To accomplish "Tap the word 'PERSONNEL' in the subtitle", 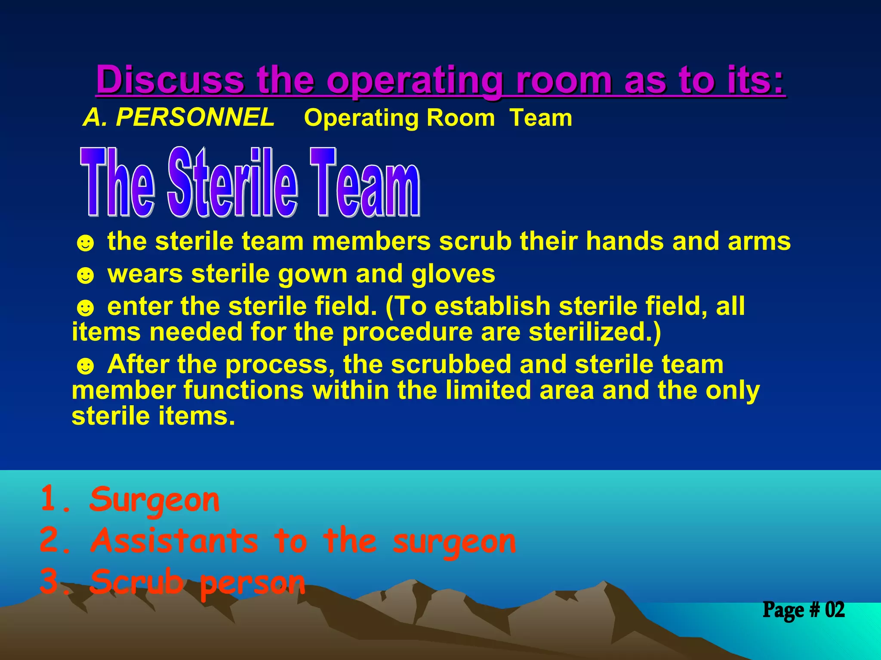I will [x=195, y=117].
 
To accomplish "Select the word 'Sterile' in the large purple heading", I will [x=232, y=183].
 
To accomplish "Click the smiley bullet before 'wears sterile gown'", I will [x=85, y=275].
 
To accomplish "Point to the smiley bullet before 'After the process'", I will [x=85, y=366].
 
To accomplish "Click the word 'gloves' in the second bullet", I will [x=453, y=274].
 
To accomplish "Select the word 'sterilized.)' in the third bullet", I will [x=595, y=332].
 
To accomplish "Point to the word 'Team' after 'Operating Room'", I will [x=541, y=118].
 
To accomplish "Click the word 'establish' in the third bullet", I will [x=493, y=306].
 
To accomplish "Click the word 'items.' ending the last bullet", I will [x=197, y=416].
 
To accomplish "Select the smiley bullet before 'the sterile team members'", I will [x=85, y=243].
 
